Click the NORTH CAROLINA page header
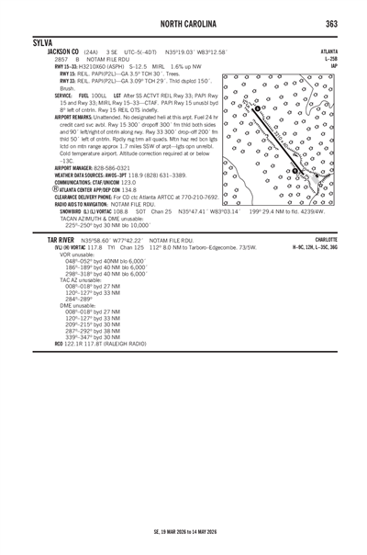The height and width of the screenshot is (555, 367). pos(183,23)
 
